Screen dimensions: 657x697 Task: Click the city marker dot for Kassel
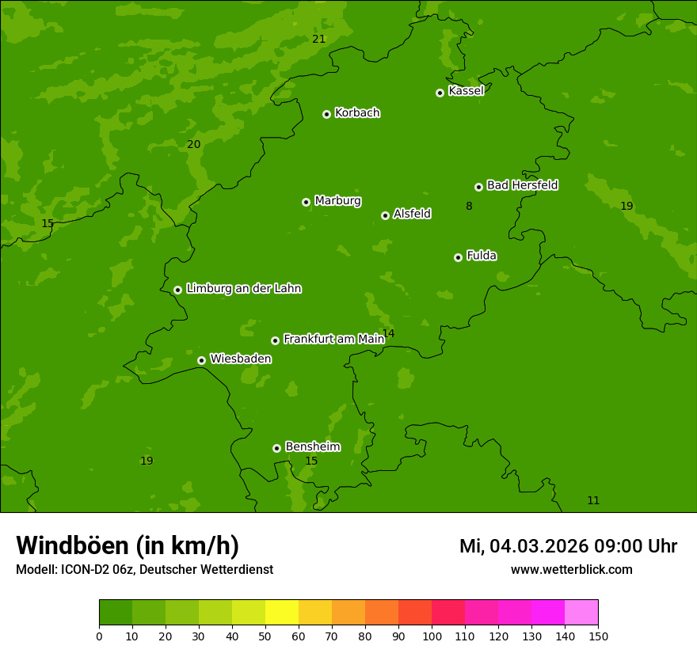click(x=440, y=93)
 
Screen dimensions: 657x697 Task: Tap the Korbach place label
click(x=357, y=112)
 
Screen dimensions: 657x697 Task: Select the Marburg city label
click(x=337, y=200)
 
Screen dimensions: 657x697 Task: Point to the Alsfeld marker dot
click(x=385, y=215)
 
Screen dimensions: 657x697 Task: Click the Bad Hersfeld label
click(x=522, y=185)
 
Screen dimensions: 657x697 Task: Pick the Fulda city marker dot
click(x=458, y=257)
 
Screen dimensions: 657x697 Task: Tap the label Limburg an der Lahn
click(x=243, y=288)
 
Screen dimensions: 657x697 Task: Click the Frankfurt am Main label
click(x=333, y=339)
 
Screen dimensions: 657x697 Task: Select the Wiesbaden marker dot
click(x=201, y=360)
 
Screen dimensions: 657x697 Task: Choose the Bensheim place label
click(x=312, y=446)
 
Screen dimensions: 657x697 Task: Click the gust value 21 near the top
click(x=318, y=39)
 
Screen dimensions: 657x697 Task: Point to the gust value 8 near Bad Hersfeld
click(x=469, y=206)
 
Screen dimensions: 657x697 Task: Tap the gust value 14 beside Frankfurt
click(x=388, y=333)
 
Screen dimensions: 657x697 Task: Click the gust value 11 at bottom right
click(x=593, y=500)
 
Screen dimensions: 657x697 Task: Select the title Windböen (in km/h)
click(x=128, y=545)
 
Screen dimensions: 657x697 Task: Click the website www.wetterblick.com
click(x=571, y=569)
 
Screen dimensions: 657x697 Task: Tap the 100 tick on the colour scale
click(x=432, y=636)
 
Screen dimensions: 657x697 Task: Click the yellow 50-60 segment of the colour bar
click(x=282, y=612)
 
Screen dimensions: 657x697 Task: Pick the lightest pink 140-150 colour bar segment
click(x=581, y=612)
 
